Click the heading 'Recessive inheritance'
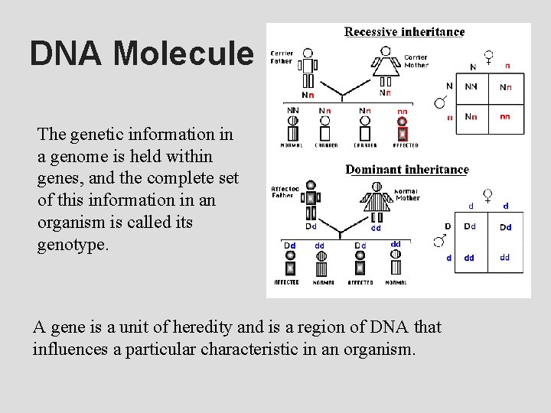(x=404, y=32)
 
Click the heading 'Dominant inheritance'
(x=407, y=170)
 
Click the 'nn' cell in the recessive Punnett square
(x=505, y=117)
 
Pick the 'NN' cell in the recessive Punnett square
(x=471, y=87)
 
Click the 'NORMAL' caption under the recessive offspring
(x=292, y=145)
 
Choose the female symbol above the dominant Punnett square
(x=487, y=197)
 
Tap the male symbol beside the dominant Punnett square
(x=439, y=242)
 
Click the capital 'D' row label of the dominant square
(x=448, y=226)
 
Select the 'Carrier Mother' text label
(x=416, y=61)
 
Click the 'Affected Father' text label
(x=285, y=192)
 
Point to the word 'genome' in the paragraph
(x=85, y=156)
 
